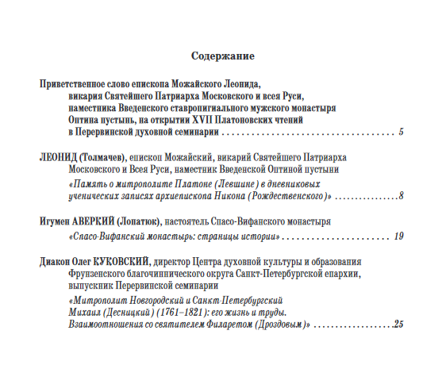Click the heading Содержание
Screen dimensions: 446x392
222,57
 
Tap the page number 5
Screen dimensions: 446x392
402,131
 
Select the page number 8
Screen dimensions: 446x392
402,195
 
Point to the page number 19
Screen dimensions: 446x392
398,236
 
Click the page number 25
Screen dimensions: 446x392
398,325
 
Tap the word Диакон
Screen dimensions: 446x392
55,261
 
